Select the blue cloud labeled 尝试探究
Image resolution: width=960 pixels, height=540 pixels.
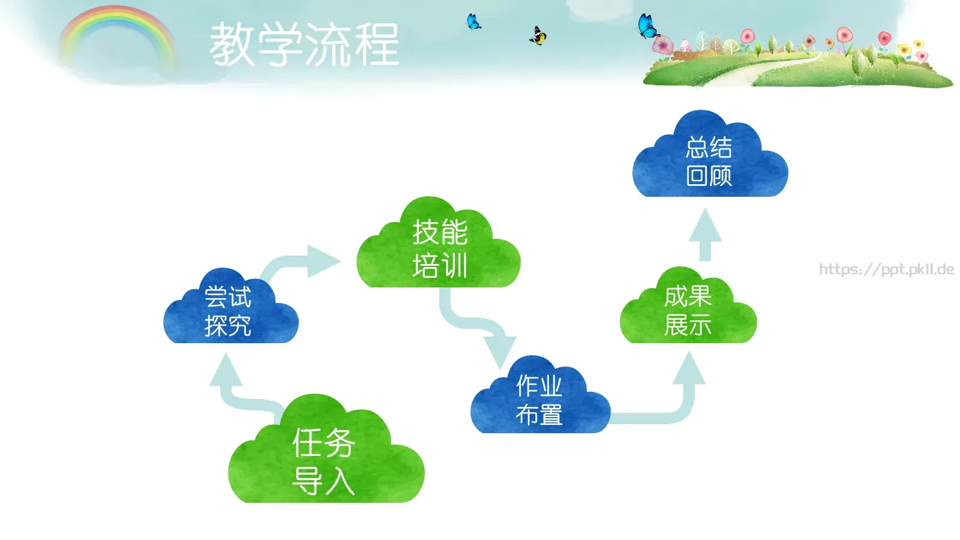[x=230, y=312]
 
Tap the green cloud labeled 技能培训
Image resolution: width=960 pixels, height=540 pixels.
[x=439, y=249]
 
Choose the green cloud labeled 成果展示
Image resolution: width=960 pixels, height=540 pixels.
[x=688, y=311]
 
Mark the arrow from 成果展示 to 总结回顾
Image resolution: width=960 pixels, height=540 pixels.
[x=705, y=234]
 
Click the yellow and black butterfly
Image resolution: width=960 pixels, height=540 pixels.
[x=538, y=36]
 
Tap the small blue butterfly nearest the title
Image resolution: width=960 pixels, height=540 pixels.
[x=473, y=22]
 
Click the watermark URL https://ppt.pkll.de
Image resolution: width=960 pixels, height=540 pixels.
[x=887, y=269]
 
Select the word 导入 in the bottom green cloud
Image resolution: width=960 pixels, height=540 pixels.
[x=323, y=481]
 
